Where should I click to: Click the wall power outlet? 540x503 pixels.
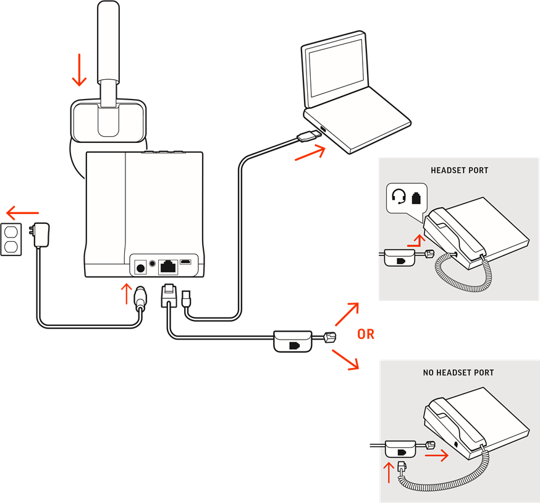[x=12, y=239]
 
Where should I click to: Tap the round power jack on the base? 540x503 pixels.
[x=140, y=267]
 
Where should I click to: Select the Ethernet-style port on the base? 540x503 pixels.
[x=167, y=267]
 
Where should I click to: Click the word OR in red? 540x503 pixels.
[x=366, y=334]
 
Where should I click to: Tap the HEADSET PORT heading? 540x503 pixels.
[x=459, y=170]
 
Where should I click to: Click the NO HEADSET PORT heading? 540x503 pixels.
[x=458, y=372]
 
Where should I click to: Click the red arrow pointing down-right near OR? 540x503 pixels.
[x=347, y=360]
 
